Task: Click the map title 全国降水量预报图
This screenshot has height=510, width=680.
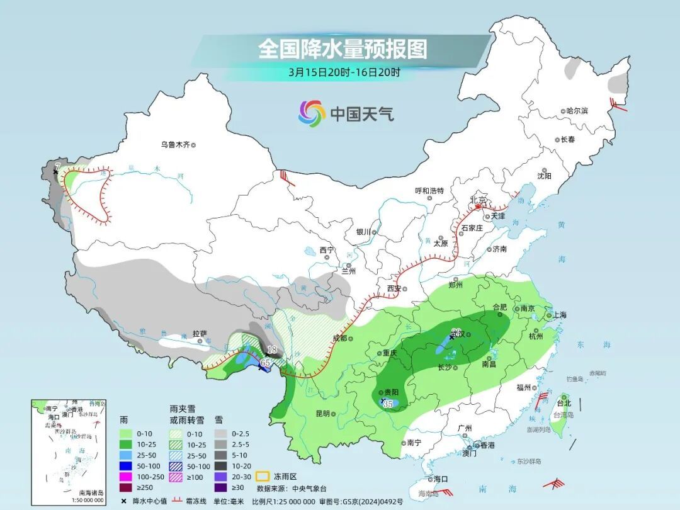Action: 343,49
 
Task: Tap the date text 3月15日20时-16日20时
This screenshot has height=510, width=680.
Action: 344,72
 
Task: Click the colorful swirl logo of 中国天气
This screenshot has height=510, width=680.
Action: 312,113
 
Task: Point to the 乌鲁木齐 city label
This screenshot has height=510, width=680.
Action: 175,145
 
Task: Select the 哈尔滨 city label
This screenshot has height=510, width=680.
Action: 576,111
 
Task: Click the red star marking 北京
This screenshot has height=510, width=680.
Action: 478,206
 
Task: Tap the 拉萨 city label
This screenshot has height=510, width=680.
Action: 200,334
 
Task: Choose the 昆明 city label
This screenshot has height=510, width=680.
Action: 322,414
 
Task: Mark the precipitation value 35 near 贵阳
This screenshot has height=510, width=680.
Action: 388,404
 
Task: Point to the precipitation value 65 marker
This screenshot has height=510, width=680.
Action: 265,363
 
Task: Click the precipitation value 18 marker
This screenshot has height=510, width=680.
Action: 272,350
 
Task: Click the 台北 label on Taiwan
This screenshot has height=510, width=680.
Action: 564,403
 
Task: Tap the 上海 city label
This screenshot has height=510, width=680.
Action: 559,315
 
